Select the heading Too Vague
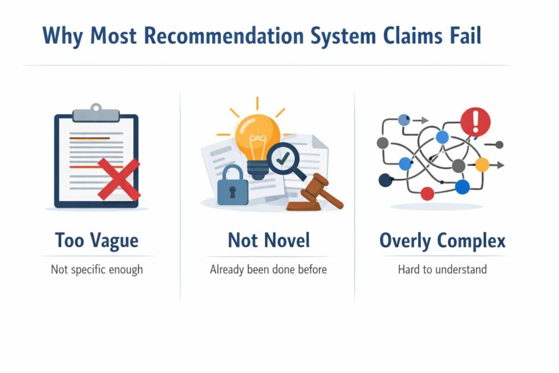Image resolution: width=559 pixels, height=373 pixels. pos(97,241)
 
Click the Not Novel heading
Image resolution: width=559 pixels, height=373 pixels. pos(269,240)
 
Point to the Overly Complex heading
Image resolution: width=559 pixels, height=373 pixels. pos(442,241)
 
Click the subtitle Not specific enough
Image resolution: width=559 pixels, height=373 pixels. pos(97,270)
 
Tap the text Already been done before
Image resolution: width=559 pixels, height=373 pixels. pos(268,270)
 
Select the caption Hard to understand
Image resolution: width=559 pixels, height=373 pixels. pos(442,269)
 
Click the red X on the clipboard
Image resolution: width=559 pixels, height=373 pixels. pos(119,179)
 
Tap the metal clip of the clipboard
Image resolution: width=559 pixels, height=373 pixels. pos(96,113)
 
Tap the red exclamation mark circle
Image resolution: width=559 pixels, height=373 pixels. pos(475,122)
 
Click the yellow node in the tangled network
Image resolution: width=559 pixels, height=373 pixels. pos(482,165)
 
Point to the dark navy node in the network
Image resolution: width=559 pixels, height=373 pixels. pos(385,180)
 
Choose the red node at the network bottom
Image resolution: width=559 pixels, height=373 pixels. pos(427,194)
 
